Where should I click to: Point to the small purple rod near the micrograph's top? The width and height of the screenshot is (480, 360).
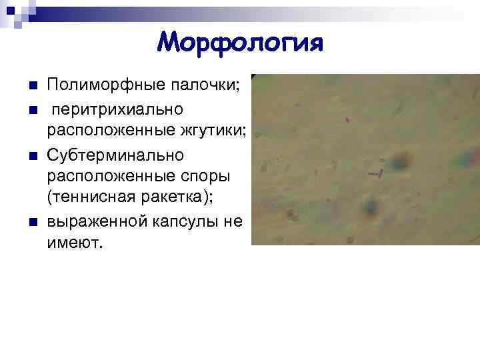click(x=347, y=121)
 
